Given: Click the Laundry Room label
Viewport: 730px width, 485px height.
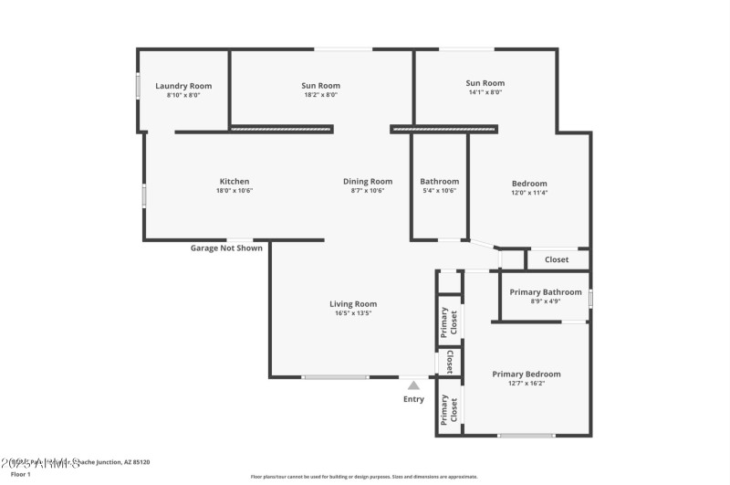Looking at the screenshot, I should pyautogui.click(x=183, y=86).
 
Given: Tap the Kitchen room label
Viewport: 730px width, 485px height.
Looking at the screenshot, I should pyautogui.click(x=235, y=181).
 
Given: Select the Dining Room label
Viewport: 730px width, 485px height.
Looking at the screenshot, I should pyautogui.click(x=368, y=181).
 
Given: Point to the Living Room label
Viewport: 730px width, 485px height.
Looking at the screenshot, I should pyautogui.click(x=353, y=304).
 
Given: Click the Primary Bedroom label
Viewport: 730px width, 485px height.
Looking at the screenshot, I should pyautogui.click(x=527, y=374).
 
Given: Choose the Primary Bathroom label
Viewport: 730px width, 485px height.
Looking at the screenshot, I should pyautogui.click(x=546, y=292).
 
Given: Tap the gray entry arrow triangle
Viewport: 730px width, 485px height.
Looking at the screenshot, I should pyautogui.click(x=414, y=385).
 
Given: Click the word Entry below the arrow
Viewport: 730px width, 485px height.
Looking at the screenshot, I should pyautogui.click(x=414, y=399).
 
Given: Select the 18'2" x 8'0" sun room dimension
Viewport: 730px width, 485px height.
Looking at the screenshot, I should pyautogui.click(x=321, y=94).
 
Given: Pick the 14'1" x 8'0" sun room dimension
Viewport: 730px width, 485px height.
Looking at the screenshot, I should pyautogui.click(x=485, y=92).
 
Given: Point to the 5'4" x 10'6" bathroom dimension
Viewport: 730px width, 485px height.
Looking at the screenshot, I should pyautogui.click(x=439, y=191).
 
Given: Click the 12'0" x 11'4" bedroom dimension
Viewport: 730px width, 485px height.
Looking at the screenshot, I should pyautogui.click(x=529, y=193).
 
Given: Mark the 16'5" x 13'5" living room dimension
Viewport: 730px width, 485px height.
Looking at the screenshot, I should pyautogui.click(x=353, y=313).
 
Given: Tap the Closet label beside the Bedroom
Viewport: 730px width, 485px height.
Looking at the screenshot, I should pyautogui.click(x=557, y=259).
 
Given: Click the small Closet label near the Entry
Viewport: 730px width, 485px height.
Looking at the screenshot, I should pyautogui.click(x=450, y=362).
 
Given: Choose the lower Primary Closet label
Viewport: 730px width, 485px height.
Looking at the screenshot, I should pyautogui.click(x=449, y=408).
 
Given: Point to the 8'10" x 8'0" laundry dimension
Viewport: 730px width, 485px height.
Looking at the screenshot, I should pyautogui.click(x=183, y=95).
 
